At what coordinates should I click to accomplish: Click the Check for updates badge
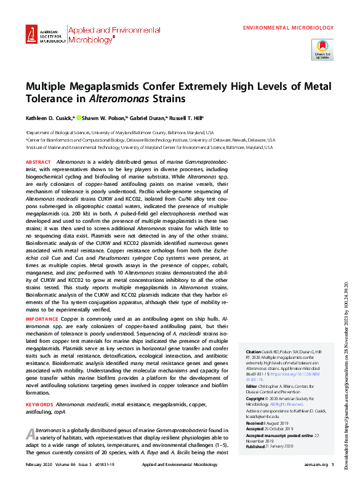click(322, 49)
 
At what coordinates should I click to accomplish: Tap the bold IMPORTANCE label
click(42, 320)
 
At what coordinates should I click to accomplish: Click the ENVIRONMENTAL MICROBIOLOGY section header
click(289, 28)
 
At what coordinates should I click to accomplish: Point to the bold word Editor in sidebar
click(252, 386)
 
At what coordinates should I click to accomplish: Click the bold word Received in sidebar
click(255, 424)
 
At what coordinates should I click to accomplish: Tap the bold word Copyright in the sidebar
click(257, 399)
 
